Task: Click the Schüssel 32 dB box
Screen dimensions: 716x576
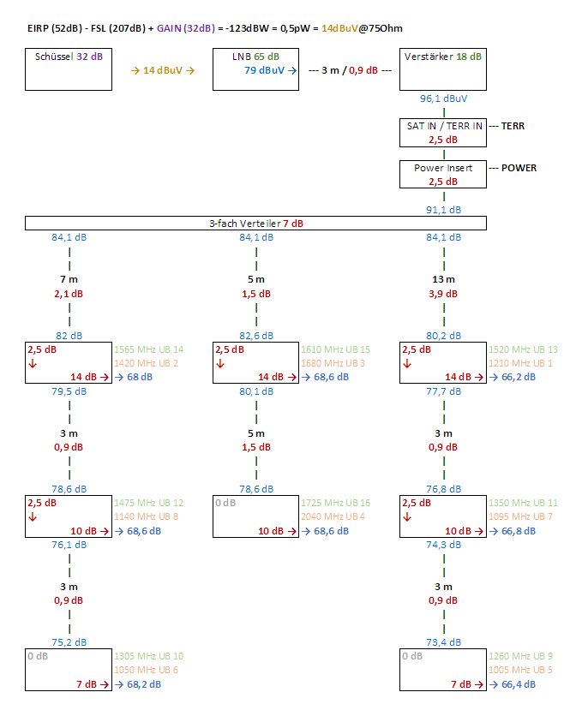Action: (x=69, y=69)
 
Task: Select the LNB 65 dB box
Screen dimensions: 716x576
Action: (x=255, y=69)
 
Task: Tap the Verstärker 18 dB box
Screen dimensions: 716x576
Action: (x=442, y=69)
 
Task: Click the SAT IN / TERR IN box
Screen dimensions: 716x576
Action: (x=443, y=132)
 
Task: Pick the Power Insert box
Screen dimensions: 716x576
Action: (x=443, y=174)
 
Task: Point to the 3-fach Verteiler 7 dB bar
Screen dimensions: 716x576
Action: (x=256, y=223)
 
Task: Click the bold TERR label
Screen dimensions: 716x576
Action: (x=513, y=126)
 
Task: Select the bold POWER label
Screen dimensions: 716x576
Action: (x=519, y=168)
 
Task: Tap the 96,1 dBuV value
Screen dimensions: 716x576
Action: (x=444, y=98)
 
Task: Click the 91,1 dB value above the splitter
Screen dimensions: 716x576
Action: (x=444, y=209)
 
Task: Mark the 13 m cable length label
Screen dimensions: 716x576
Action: (x=444, y=279)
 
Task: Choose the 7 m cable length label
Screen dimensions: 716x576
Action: (x=69, y=279)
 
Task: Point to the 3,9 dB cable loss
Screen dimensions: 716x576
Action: (x=444, y=294)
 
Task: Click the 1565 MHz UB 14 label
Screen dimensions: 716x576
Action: (x=148, y=349)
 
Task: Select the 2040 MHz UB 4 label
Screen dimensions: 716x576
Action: (x=335, y=516)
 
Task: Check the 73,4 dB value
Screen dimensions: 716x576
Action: (x=444, y=642)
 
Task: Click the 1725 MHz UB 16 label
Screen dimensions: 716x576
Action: (x=335, y=503)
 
